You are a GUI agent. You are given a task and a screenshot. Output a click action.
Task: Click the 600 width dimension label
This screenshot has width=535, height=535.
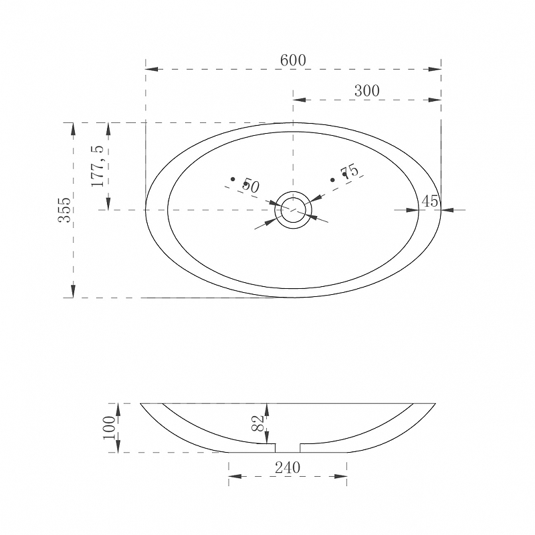coord(293,60)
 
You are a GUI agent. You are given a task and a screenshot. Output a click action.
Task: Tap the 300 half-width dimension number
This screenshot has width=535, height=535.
coord(366,91)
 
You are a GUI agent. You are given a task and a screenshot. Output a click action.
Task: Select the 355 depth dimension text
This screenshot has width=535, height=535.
coord(64,210)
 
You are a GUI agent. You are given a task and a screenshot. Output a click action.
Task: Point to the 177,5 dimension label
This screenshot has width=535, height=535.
coord(97,166)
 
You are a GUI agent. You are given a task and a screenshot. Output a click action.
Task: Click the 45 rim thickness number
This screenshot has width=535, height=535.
coord(429,201)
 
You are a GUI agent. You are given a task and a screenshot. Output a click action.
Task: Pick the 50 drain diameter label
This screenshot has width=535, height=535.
coord(251,187)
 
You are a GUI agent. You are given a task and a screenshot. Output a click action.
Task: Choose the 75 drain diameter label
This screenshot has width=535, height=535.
coord(350,171)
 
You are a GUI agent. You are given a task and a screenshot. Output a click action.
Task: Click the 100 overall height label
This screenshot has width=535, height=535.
coord(109,428)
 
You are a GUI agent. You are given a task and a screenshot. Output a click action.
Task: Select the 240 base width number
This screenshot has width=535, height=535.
coord(288,467)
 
